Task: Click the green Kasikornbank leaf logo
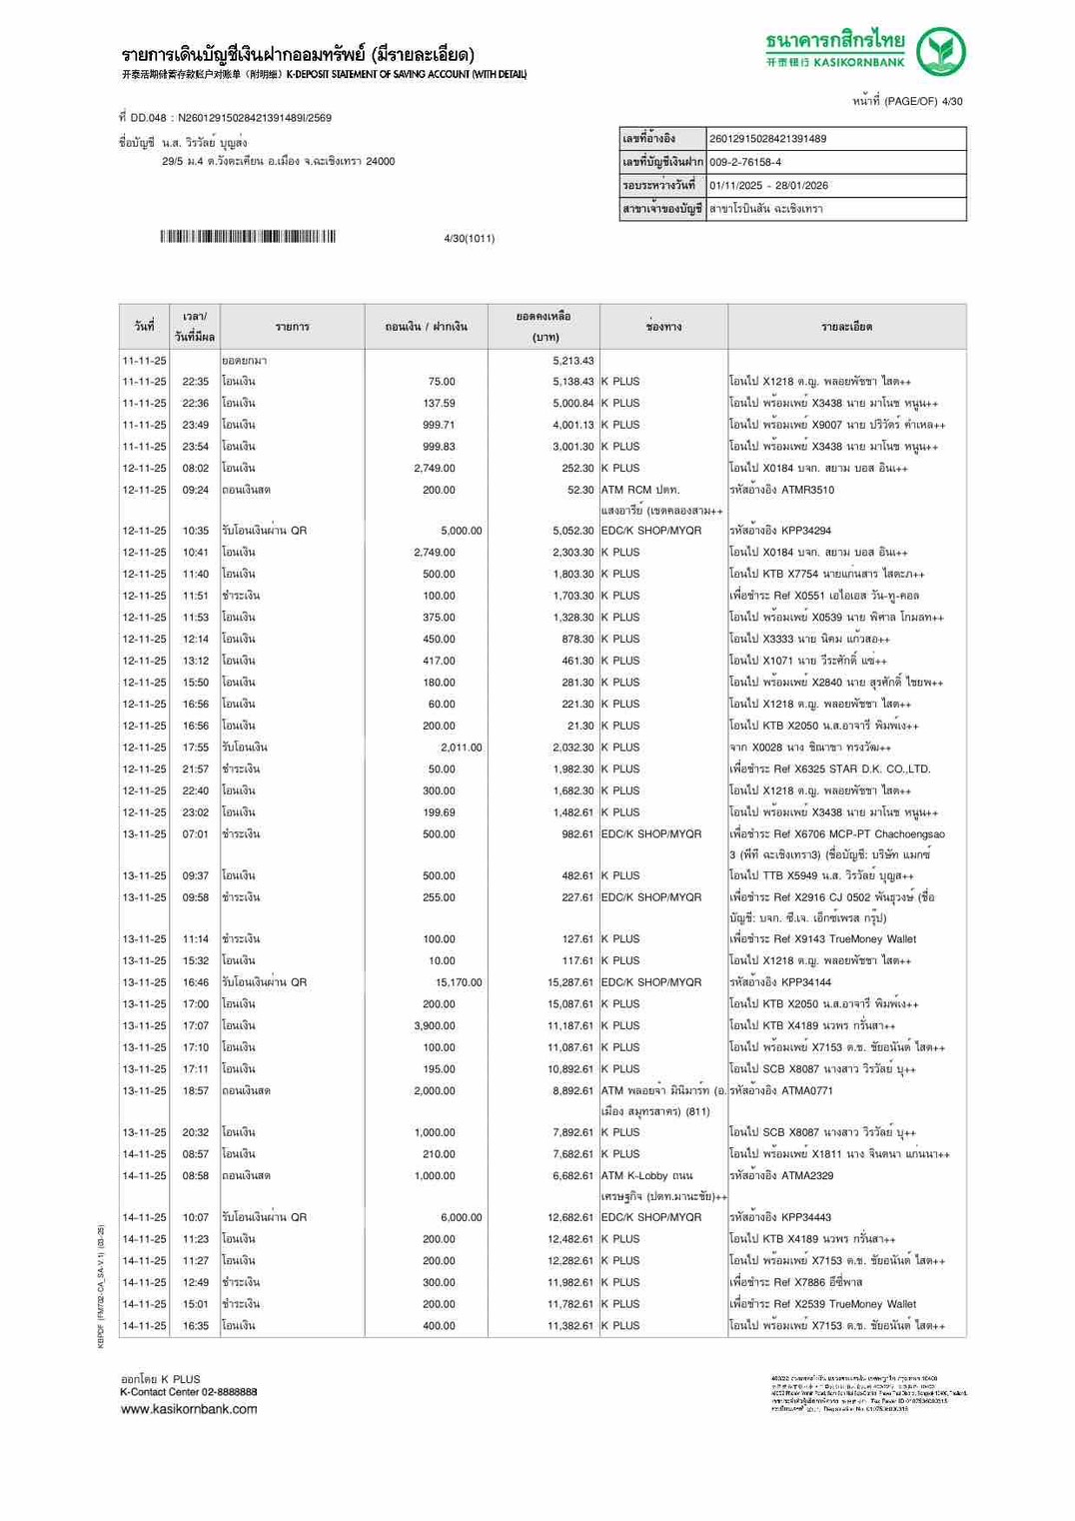click(x=941, y=52)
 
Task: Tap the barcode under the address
click(x=248, y=237)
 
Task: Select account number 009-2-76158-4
click(x=745, y=162)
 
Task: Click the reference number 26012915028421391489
click(x=767, y=139)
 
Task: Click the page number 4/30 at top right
click(x=951, y=101)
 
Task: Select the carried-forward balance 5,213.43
click(x=572, y=361)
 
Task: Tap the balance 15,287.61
click(x=570, y=982)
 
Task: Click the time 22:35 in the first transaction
click(x=196, y=382)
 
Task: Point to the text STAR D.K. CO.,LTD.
click(x=865, y=769)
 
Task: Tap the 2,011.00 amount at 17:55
click(x=461, y=748)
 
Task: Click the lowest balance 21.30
click(x=579, y=726)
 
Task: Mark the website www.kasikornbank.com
click(x=189, y=1409)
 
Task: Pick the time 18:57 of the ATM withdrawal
click(x=196, y=1090)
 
